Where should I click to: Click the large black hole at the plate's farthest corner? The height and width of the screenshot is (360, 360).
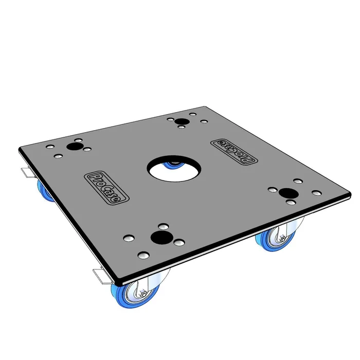(181, 122)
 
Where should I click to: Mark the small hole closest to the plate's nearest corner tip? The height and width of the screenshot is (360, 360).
(145, 255)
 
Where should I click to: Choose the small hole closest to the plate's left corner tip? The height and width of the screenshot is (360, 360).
(50, 147)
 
